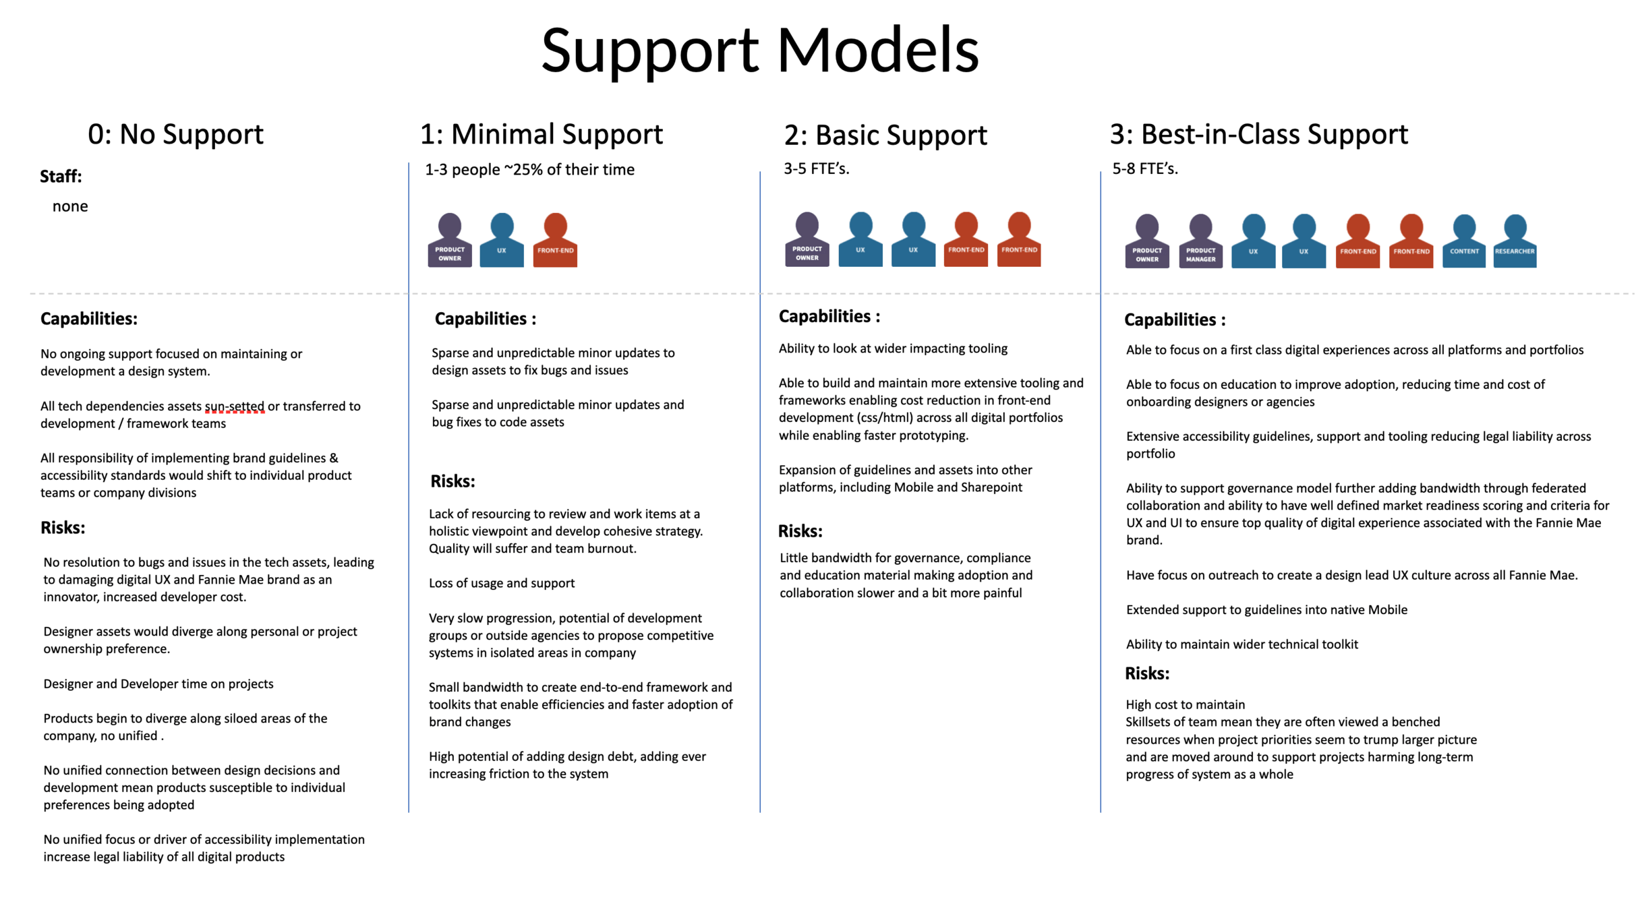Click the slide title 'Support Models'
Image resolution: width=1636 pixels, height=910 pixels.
coord(759,50)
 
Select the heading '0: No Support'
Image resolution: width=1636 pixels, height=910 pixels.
coord(175,134)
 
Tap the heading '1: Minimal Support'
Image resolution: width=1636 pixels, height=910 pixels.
coord(541,134)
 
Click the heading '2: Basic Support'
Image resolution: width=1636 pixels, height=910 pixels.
coord(885,135)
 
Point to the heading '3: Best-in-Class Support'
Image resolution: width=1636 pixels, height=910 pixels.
coord(1258,134)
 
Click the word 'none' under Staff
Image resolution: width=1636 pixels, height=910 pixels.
coord(70,206)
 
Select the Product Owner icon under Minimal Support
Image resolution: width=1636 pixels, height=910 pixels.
coord(450,241)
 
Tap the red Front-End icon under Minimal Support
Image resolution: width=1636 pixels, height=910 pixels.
coord(555,241)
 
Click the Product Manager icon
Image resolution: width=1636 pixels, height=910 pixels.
coord(1200,242)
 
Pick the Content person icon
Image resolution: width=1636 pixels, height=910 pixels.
coord(1463,242)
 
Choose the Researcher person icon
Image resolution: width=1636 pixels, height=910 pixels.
coord(1515,242)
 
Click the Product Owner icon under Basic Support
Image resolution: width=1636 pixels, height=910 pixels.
coord(807,240)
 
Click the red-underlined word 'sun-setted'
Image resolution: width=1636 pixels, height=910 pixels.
coord(234,406)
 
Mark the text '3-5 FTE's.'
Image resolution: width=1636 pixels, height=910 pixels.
coord(816,169)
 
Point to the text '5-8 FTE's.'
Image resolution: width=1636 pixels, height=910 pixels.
coord(1144,169)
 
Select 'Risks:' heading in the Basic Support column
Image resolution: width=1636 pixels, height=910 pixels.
coord(800,531)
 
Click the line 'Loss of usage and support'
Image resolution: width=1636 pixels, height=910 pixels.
coord(502,583)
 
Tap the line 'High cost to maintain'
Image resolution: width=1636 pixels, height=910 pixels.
coord(1185,704)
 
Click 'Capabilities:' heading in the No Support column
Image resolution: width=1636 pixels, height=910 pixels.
coord(89,319)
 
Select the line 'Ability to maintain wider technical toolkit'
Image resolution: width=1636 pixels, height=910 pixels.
coord(1241,644)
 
